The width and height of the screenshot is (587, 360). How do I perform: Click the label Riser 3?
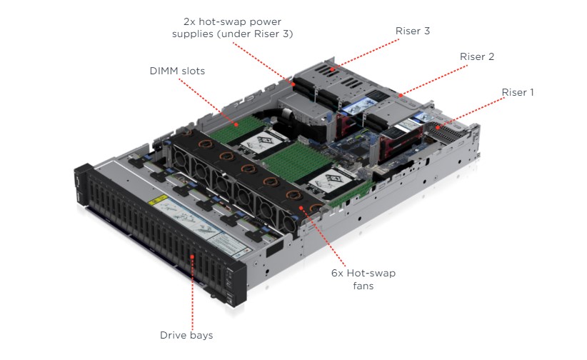(x=412, y=31)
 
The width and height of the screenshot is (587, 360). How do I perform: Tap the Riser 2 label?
(x=477, y=56)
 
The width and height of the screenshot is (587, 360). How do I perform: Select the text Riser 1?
(x=518, y=92)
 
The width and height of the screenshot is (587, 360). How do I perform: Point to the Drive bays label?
(x=186, y=334)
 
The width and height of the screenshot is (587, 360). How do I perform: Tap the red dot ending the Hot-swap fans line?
(x=303, y=207)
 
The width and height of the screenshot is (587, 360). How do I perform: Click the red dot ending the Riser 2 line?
(x=401, y=94)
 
